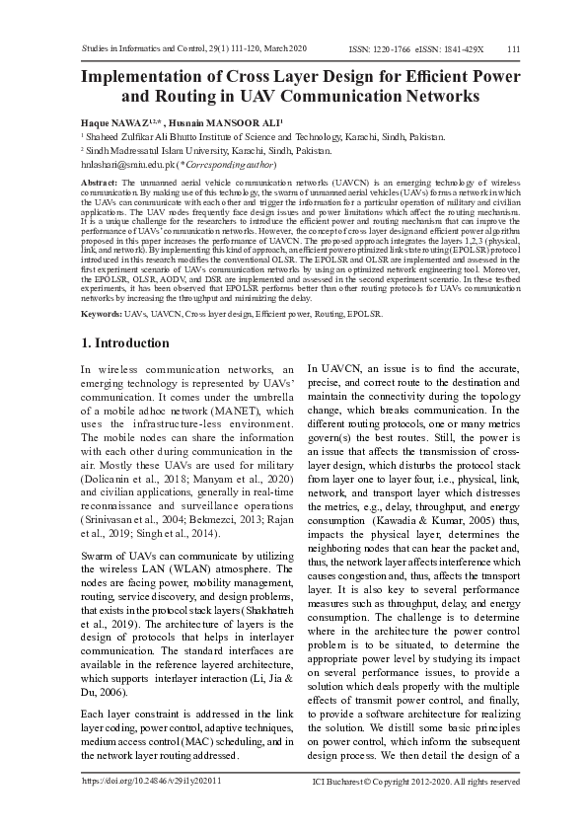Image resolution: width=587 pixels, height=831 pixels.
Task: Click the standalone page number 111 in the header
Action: [x=513, y=48]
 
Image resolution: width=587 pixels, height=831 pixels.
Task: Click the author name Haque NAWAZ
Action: [x=109, y=120]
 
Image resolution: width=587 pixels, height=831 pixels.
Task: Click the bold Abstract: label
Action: [x=99, y=185]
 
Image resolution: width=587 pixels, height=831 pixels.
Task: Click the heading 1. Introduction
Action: [x=124, y=342]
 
